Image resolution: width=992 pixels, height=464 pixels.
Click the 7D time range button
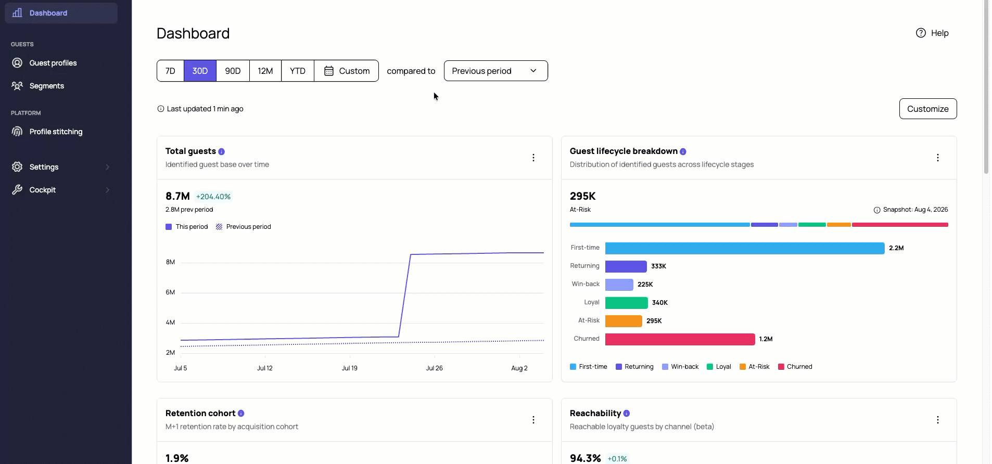(x=170, y=71)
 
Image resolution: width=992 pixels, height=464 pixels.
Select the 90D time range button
(x=233, y=71)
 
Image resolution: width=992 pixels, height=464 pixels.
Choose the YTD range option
(x=298, y=71)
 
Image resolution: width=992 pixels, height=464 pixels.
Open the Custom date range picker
(x=347, y=71)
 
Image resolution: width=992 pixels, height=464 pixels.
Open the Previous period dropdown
(x=495, y=71)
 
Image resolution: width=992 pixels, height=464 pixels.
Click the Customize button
(x=927, y=109)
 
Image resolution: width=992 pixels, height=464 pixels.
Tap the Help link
(x=932, y=33)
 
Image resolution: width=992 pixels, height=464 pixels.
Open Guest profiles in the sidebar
(x=53, y=63)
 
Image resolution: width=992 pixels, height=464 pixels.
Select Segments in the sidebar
(x=47, y=86)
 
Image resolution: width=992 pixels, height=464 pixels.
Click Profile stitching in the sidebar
(x=56, y=132)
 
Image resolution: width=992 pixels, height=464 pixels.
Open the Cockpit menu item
(x=43, y=190)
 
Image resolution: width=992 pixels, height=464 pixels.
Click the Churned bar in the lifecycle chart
(x=680, y=339)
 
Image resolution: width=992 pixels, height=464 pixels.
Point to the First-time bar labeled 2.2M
(x=745, y=248)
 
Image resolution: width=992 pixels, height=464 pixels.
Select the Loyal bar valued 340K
(x=627, y=303)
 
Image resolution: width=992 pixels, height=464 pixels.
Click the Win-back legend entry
(x=680, y=367)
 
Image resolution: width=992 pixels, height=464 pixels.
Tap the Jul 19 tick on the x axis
(x=350, y=368)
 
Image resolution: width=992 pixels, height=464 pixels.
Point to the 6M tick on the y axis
(x=170, y=292)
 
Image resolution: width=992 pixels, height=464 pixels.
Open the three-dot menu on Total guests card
(x=533, y=158)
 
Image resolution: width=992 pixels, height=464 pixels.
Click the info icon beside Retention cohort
(x=241, y=414)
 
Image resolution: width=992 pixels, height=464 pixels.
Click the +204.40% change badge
(x=213, y=197)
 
